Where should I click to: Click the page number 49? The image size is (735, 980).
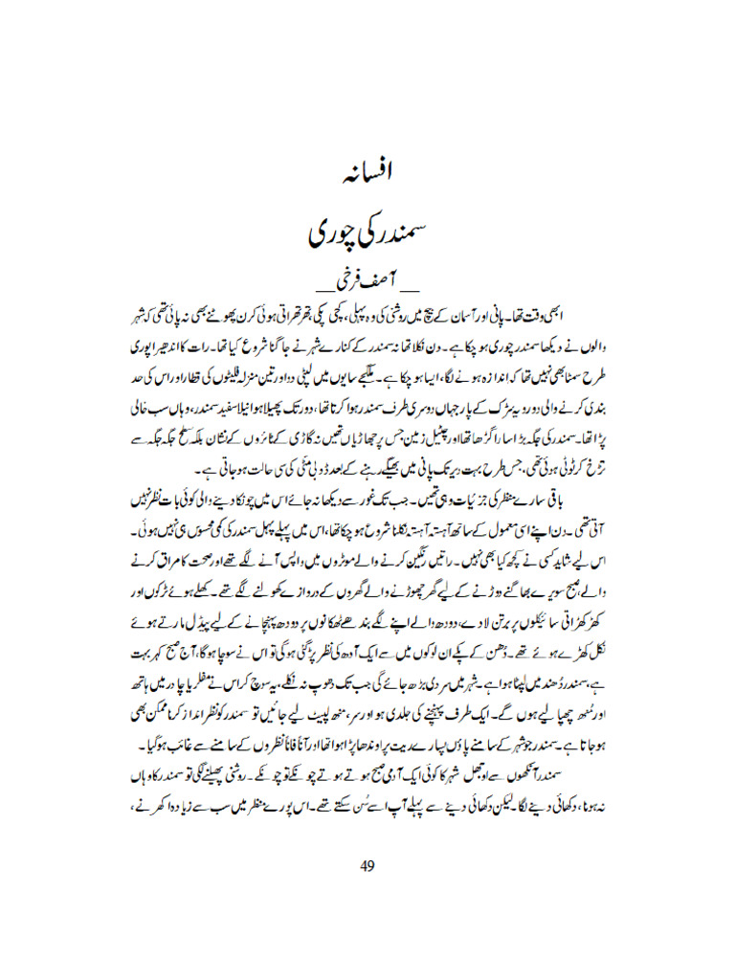[367, 866]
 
